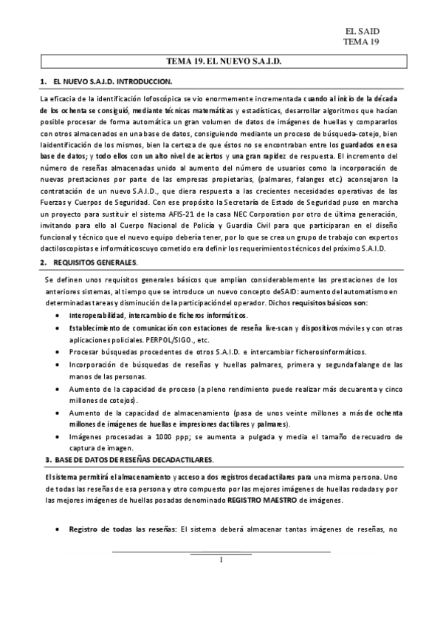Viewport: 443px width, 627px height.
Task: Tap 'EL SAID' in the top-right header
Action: point(362,31)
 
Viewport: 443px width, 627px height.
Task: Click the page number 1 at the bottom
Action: point(221,560)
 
